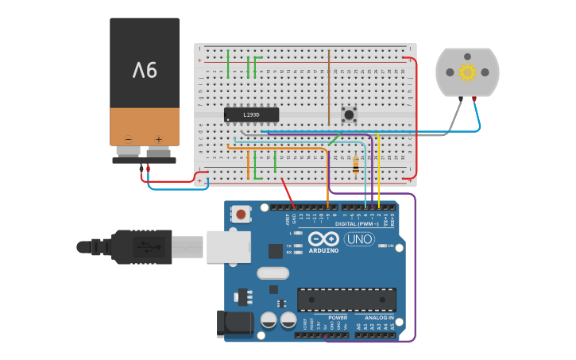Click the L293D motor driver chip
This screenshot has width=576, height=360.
(251, 115)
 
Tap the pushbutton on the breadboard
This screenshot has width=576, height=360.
(348, 114)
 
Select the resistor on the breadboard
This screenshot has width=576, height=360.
(355, 165)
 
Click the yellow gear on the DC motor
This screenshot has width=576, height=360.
(467, 72)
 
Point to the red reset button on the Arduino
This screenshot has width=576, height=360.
(240, 213)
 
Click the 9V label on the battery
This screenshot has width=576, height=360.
(145, 71)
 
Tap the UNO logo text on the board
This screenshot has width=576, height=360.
(359, 238)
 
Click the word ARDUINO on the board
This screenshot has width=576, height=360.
(323, 250)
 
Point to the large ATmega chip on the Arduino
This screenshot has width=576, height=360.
(346, 300)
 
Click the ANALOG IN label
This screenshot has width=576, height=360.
(380, 318)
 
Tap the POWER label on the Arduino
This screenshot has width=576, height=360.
(338, 318)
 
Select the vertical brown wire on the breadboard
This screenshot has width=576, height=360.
(328, 87)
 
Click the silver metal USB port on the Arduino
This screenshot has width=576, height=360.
(229, 246)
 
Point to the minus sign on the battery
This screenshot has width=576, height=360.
(129, 139)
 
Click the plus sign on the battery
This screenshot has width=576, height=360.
(158, 139)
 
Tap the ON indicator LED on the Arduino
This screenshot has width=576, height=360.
(381, 246)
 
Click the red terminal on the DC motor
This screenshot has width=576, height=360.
(474, 99)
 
